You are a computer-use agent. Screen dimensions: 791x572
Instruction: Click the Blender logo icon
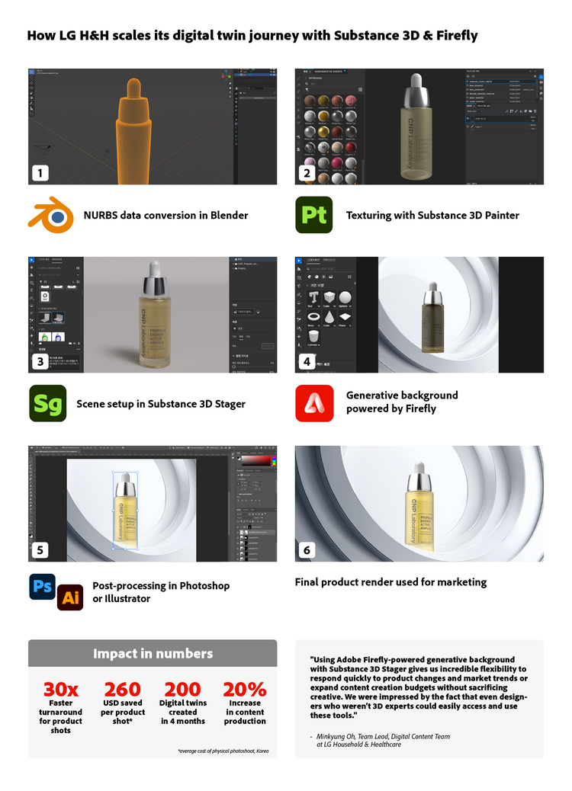(x=50, y=215)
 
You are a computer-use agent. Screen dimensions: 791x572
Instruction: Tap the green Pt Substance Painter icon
(x=313, y=215)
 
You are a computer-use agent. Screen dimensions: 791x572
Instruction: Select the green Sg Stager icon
(x=47, y=403)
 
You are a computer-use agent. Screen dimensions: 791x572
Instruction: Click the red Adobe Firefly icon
(x=314, y=402)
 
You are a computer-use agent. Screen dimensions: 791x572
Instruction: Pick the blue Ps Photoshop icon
(x=42, y=587)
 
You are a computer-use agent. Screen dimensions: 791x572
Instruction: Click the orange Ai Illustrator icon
(x=70, y=598)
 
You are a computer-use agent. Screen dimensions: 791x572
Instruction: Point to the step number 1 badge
(x=40, y=173)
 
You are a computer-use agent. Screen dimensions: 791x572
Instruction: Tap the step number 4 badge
(x=307, y=361)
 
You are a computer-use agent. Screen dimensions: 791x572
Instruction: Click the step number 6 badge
(x=307, y=550)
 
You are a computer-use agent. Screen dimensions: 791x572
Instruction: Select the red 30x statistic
(x=60, y=690)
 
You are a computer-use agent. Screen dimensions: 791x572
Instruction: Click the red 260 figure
(x=123, y=690)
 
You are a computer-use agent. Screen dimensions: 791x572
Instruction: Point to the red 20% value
(x=245, y=690)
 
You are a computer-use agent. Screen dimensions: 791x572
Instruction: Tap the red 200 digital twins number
(x=183, y=690)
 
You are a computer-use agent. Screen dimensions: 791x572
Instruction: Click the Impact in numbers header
(x=153, y=653)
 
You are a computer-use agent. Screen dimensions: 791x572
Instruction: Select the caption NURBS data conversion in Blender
(x=165, y=216)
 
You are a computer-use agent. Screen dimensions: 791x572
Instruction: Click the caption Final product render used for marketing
(x=390, y=582)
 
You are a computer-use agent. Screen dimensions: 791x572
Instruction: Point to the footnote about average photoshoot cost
(x=223, y=751)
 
